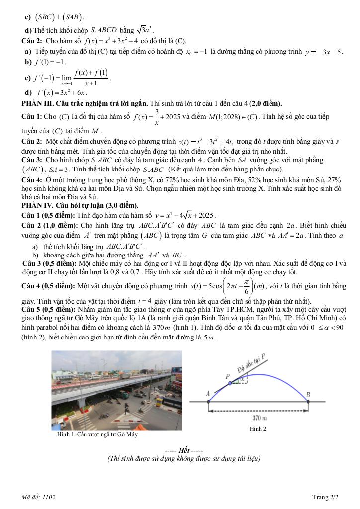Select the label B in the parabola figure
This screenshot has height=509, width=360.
308,395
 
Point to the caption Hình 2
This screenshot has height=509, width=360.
258,428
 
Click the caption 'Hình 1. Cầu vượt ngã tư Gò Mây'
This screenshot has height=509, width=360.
97,434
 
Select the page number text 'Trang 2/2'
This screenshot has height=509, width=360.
325,497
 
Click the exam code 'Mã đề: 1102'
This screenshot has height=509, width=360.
39,497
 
